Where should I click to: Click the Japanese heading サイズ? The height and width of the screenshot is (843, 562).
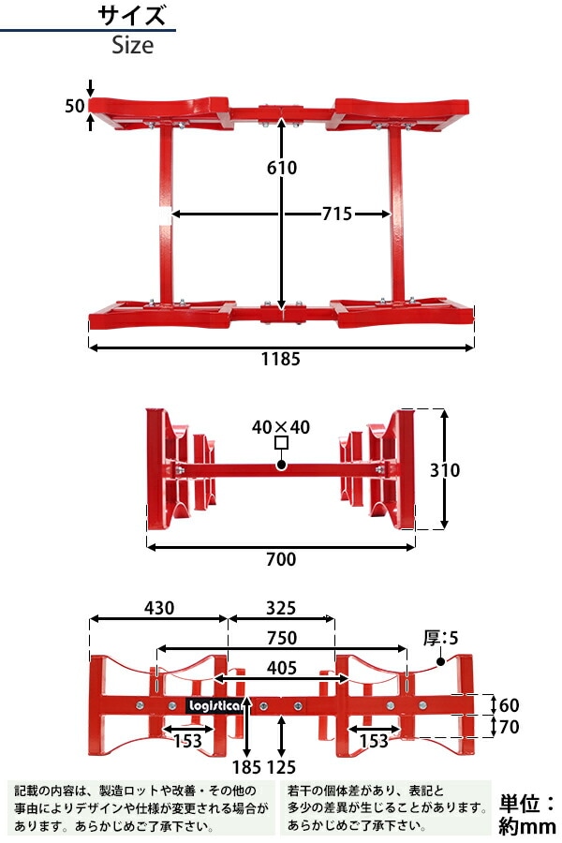click(x=132, y=16)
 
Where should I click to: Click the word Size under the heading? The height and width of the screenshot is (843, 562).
click(x=132, y=44)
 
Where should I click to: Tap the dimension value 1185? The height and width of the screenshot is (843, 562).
click(x=281, y=359)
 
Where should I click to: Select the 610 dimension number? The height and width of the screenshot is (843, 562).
click(x=281, y=168)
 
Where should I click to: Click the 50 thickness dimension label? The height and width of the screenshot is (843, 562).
click(x=75, y=105)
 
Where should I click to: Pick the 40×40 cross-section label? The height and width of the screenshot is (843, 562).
click(x=280, y=426)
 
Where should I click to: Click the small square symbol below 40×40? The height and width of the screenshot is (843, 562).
click(x=280, y=444)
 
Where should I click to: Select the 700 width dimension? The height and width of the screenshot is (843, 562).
click(x=280, y=560)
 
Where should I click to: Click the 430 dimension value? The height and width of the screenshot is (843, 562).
click(x=159, y=608)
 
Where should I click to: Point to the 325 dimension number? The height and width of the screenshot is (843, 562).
click(x=281, y=608)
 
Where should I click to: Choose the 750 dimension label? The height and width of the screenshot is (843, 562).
click(x=281, y=639)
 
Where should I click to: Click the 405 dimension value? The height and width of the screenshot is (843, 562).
click(x=281, y=668)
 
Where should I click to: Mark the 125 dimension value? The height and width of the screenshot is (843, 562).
click(x=282, y=767)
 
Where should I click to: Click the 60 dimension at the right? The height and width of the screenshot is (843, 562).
click(x=510, y=704)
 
